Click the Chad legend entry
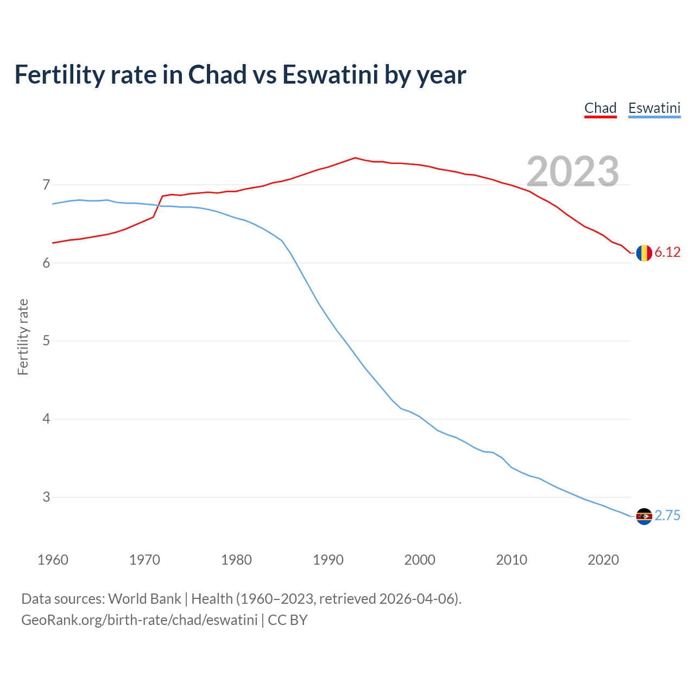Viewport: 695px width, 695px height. click(x=600, y=108)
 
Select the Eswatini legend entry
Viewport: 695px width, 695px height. click(x=654, y=108)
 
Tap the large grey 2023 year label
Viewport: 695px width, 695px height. click(x=573, y=172)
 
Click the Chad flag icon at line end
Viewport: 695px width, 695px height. click(x=644, y=253)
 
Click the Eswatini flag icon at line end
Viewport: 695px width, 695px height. click(x=644, y=516)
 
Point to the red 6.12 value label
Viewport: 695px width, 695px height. click(x=667, y=252)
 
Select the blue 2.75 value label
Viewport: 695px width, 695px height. click(x=667, y=516)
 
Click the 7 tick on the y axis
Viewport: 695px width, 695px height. click(x=46, y=185)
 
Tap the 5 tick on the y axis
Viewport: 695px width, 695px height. click(x=46, y=341)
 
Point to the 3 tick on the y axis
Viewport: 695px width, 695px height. click(x=46, y=497)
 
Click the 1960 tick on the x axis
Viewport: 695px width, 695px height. click(x=53, y=560)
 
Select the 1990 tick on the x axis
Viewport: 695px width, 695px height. click(x=328, y=560)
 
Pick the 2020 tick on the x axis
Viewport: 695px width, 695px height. click(x=603, y=560)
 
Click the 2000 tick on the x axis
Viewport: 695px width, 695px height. click(x=420, y=560)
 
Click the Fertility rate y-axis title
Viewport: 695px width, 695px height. click(x=23, y=337)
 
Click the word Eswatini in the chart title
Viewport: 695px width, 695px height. click(x=330, y=75)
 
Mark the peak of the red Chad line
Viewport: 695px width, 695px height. click(x=355, y=158)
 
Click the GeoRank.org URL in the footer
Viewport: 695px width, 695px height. click(x=139, y=620)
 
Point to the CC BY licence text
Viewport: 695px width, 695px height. click(x=288, y=620)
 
